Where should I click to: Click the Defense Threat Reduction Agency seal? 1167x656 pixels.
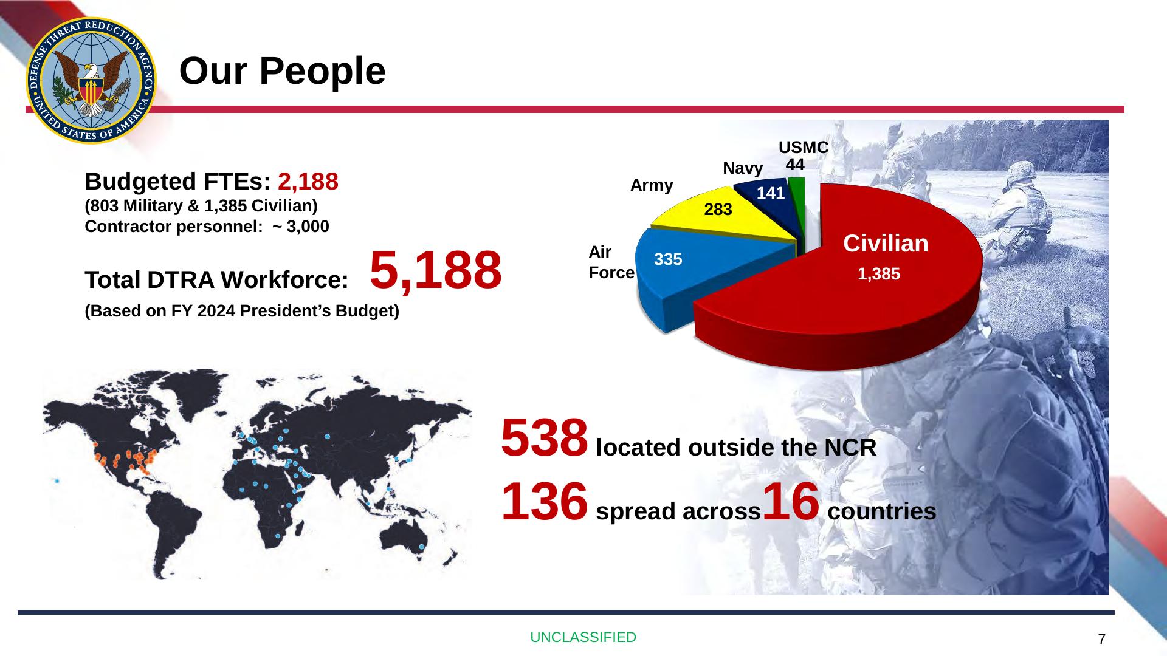point(91,80)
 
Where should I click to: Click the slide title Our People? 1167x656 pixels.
point(282,71)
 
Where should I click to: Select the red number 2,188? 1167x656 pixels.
point(308,181)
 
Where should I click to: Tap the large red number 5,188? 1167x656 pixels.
point(436,270)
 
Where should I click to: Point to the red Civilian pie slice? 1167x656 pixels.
point(851,304)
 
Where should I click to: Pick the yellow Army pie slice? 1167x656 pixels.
point(729,213)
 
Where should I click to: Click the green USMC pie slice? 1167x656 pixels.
point(797,194)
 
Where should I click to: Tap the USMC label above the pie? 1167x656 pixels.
point(804,148)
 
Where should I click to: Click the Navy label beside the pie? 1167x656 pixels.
point(743,168)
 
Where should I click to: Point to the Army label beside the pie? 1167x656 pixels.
point(652,185)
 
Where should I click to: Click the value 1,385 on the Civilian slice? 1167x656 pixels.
point(879,274)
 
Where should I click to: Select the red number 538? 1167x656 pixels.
point(545,437)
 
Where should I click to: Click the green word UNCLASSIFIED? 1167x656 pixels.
point(583,637)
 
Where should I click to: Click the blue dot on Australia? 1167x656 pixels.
point(422,547)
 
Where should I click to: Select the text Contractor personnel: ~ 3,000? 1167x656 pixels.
point(207,227)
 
